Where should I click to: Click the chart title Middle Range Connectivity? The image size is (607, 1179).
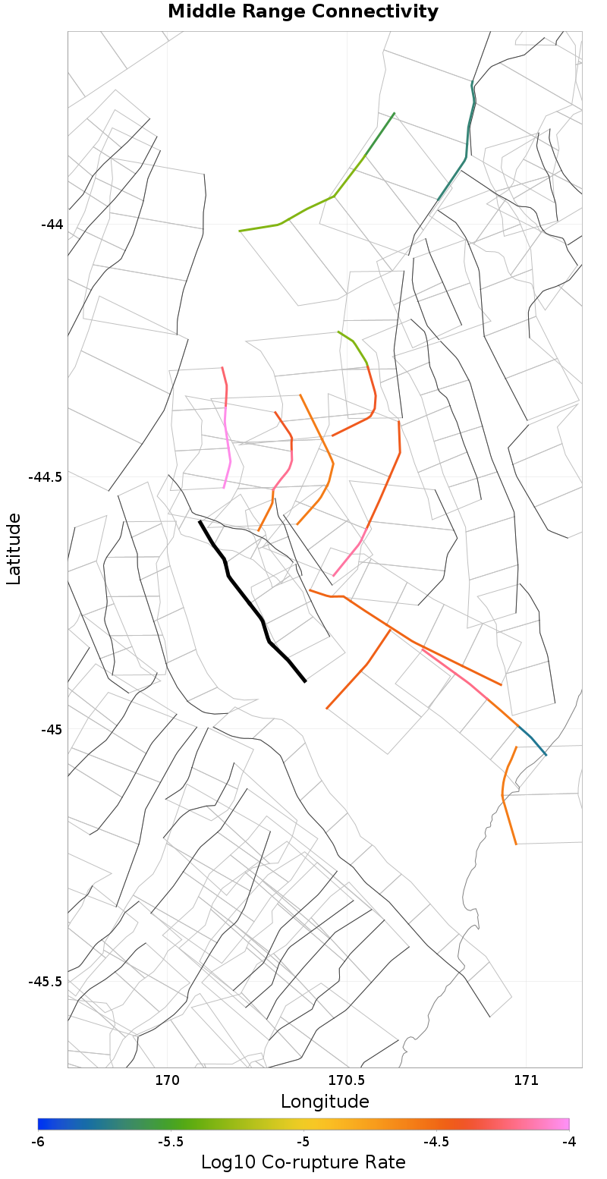coord(303,12)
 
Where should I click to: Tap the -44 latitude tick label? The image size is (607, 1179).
coord(52,225)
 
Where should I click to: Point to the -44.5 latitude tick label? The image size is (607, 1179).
coord(46,477)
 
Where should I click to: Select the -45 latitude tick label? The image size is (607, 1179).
coord(52,730)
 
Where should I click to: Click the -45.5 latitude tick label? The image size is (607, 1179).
coord(46,982)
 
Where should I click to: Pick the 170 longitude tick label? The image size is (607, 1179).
coord(167,1080)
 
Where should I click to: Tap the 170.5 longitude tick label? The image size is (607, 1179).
coord(347,1080)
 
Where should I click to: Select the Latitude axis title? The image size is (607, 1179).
coord(14,548)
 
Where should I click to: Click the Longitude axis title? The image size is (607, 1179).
coord(325,1102)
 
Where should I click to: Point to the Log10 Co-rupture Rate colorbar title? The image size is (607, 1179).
coord(303,1162)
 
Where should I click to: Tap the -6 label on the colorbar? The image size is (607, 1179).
coord(38,1141)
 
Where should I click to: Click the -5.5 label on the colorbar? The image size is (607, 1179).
coord(171,1141)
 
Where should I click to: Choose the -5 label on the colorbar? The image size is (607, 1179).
coord(303,1141)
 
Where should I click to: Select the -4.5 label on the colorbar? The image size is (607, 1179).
coord(436,1141)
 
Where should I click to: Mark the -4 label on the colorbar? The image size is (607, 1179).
coord(568,1141)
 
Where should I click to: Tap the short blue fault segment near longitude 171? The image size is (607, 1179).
coord(533,741)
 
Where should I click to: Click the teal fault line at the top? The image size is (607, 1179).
coord(467,144)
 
